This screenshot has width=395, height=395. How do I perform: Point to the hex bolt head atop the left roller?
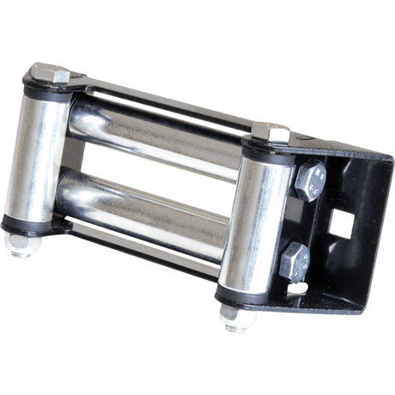pos(60,75)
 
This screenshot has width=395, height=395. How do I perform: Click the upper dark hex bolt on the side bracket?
pos(309,179)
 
